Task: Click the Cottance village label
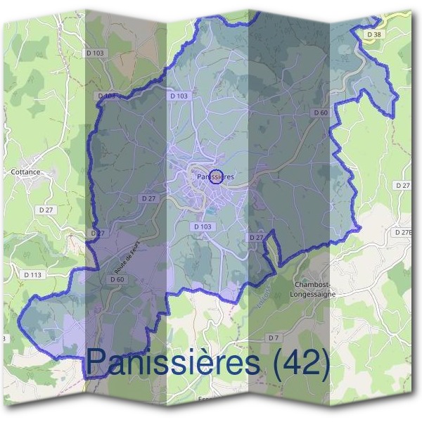pyautogui.click(x=25, y=171)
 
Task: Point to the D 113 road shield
pyautogui.click(x=32, y=274)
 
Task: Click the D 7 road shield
pyautogui.click(x=274, y=338)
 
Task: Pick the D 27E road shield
pyautogui.click(x=404, y=231)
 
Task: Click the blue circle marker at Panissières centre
pyautogui.click(x=215, y=177)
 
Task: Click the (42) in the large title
pyautogui.click(x=300, y=363)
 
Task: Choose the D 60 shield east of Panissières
pyautogui.click(x=320, y=113)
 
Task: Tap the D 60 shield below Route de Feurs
pyautogui.click(x=117, y=279)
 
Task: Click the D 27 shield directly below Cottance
pyautogui.click(x=47, y=210)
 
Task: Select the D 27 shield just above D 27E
pyautogui.click(x=402, y=185)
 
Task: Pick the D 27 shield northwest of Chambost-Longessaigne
pyautogui.click(x=256, y=238)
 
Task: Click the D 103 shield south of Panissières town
pyautogui.click(x=202, y=226)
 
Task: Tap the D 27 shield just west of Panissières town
pyautogui.click(x=148, y=199)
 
